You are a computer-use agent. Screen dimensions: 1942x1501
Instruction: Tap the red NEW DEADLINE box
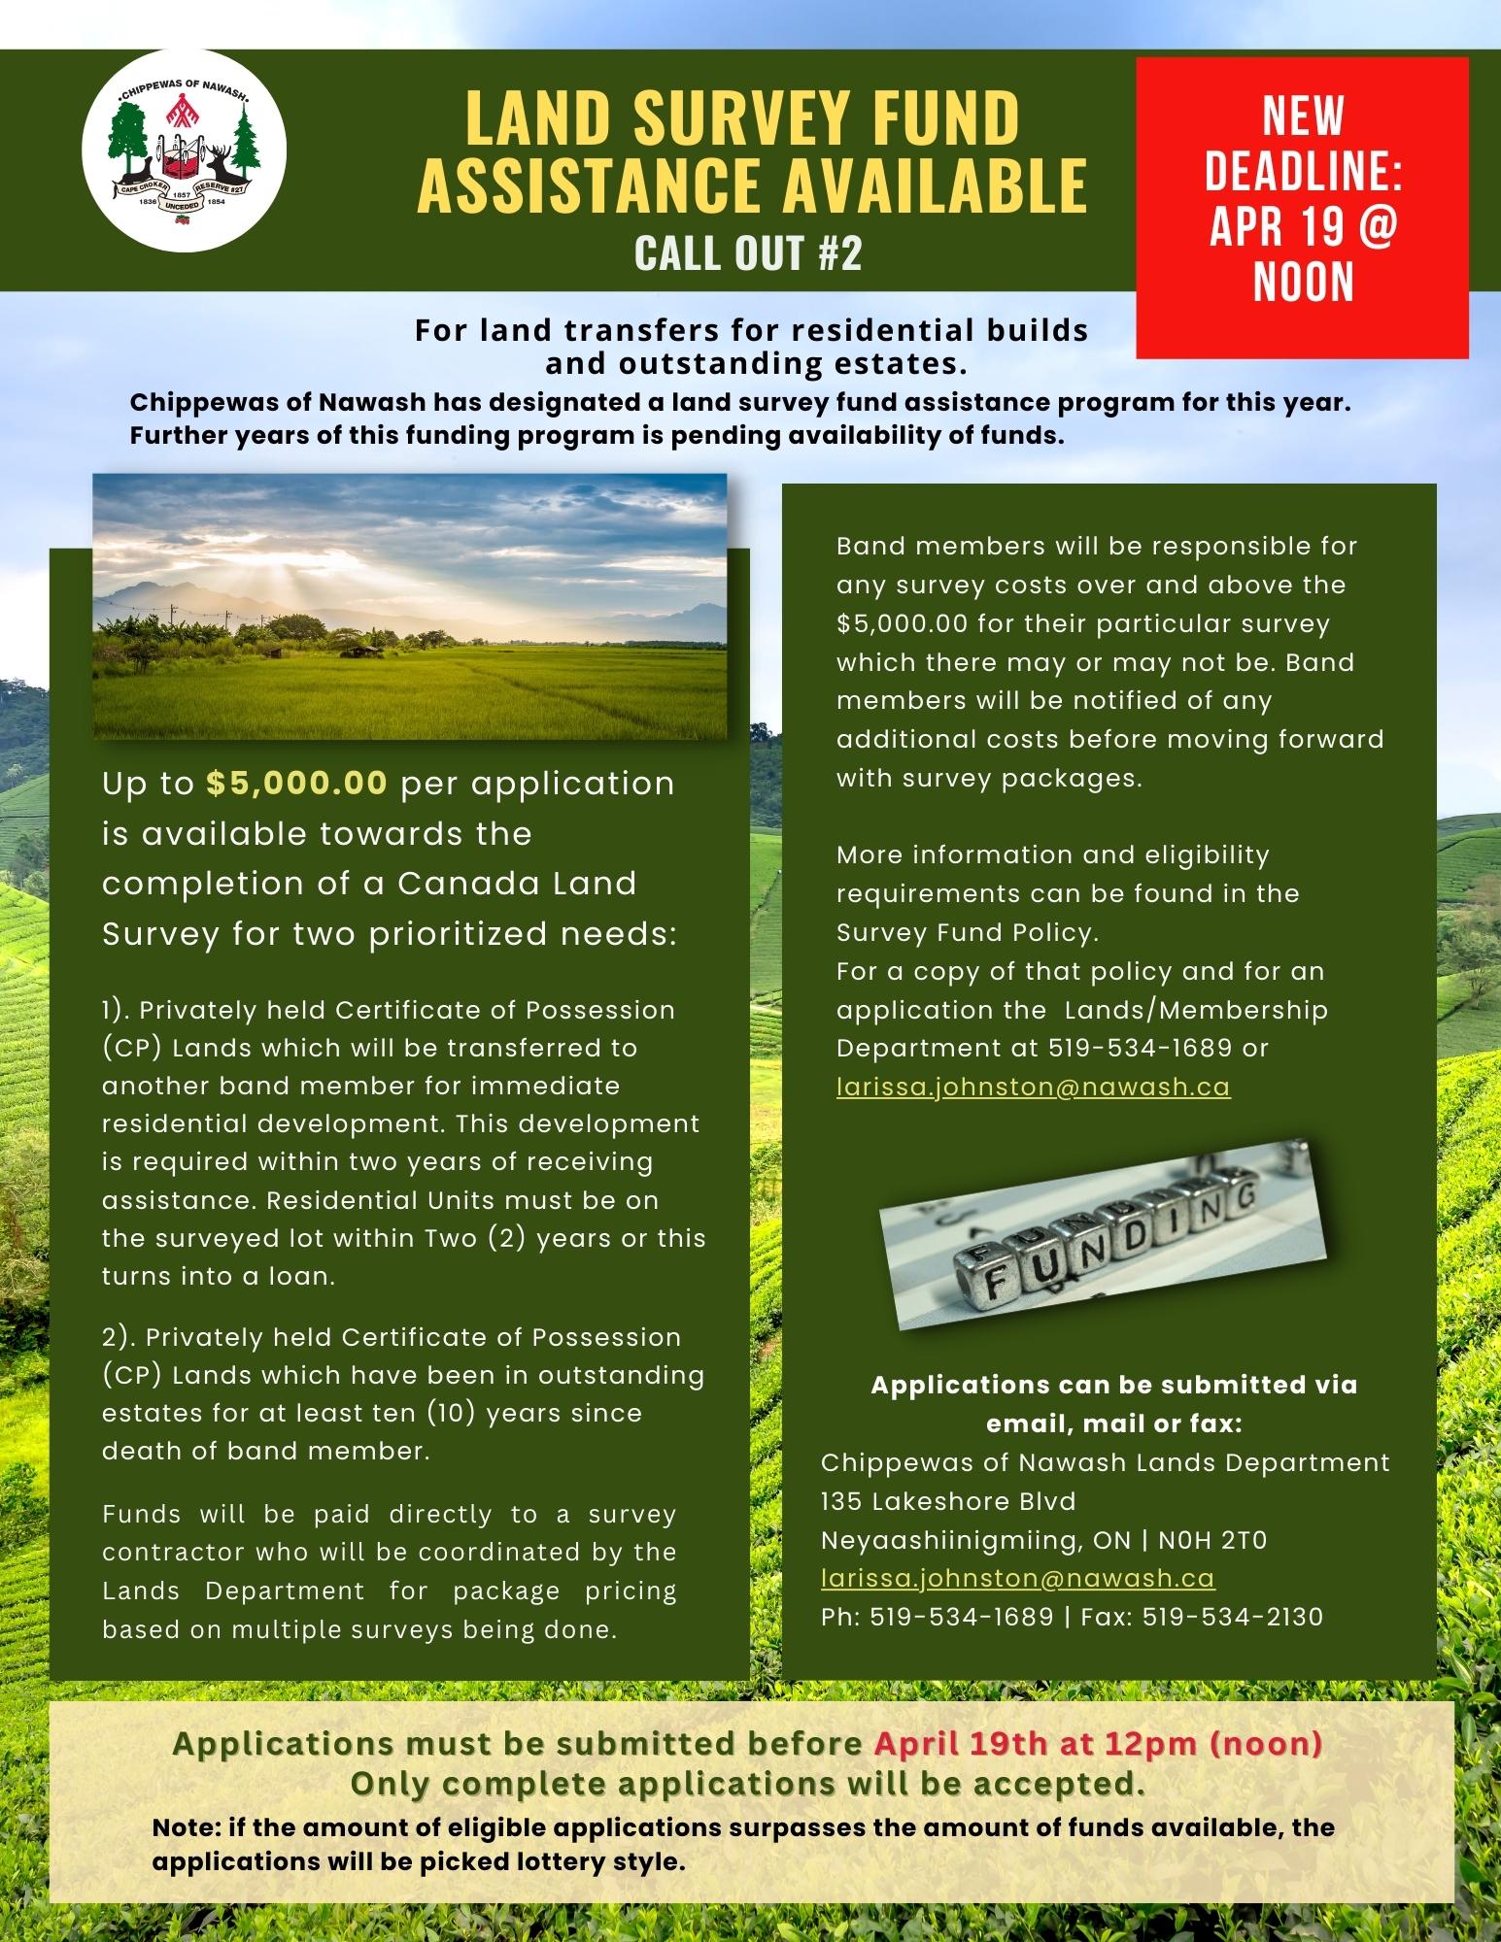[x=1302, y=206]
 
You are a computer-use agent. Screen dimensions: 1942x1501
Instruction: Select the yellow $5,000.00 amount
[x=296, y=784]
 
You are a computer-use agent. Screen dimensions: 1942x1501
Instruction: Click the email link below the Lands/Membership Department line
[x=1033, y=1087]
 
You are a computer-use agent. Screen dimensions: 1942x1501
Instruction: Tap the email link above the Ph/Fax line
[x=1017, y=1578]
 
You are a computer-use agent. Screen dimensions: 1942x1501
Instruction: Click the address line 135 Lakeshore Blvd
[x=948, y=1501]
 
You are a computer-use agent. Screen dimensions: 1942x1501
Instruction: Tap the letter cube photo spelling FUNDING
[x=1102, y=1238]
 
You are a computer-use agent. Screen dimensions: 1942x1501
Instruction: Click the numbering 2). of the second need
[x=119, y=1337]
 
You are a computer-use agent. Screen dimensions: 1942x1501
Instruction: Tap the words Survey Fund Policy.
[x=967, y=932]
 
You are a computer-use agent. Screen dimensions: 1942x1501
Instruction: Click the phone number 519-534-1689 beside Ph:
[x=962, y=1617]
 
